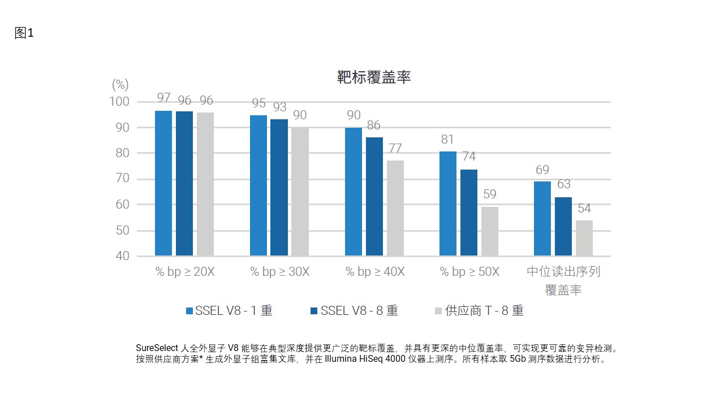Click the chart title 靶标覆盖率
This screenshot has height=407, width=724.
click(373, 78)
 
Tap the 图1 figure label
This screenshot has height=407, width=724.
click(24, 33)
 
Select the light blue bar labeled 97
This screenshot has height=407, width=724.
click(163, 183)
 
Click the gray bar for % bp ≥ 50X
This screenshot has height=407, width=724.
click(490, 231)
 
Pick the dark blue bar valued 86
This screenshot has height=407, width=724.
click(374, 196)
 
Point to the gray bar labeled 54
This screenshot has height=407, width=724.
click(584, 238)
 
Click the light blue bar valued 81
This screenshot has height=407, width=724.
click(448, 203)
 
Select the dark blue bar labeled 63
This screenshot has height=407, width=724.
click(563, 226)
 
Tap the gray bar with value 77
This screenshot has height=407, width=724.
click(395, 208)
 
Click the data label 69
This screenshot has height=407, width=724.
click(542, 170)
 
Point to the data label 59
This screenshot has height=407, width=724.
click(490, 194)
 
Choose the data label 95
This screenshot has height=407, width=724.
click(258, 103)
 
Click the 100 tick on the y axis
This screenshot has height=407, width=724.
click(119, 102)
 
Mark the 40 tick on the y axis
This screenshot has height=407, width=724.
click(123, 256)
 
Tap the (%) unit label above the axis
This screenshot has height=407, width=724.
click(120, 85)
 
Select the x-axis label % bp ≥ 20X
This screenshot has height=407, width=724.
click(185, 272)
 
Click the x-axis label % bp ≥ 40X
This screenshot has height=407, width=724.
click(375, 272)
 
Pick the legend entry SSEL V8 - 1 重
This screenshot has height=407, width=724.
click(229, 311)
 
